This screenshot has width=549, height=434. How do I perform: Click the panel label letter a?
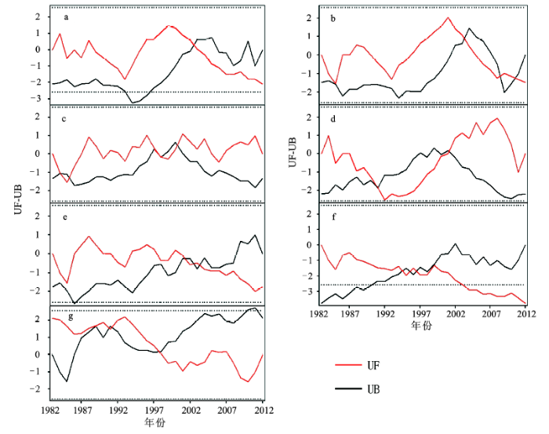tap(67, 16)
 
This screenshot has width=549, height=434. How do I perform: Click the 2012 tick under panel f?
tap(525, 312)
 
